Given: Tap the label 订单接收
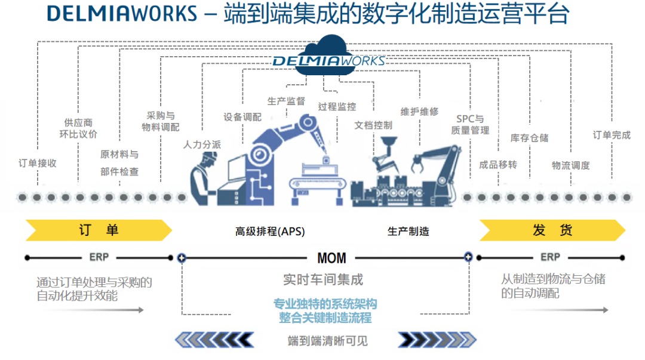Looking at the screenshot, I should [x=38, y=163].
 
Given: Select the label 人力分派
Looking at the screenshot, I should [x=202, y=144].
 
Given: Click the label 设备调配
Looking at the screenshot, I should [x=242, y=117].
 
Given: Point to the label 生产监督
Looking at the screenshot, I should [x=286, y=101].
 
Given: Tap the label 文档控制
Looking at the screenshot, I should [x=373, y=125].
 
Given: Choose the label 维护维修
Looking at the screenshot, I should [x=419, y=111].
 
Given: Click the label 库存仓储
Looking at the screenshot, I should [x=529, y=138].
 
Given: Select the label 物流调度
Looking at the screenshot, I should [x=571, y=165].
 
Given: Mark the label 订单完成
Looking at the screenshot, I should [x=612, y=135].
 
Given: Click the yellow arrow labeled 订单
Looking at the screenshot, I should [x=99, y=230].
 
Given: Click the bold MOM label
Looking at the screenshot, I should [x=331, y=258].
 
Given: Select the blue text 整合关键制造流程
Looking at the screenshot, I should [x=325, y=318].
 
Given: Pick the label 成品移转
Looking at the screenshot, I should [x=498, y=165].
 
